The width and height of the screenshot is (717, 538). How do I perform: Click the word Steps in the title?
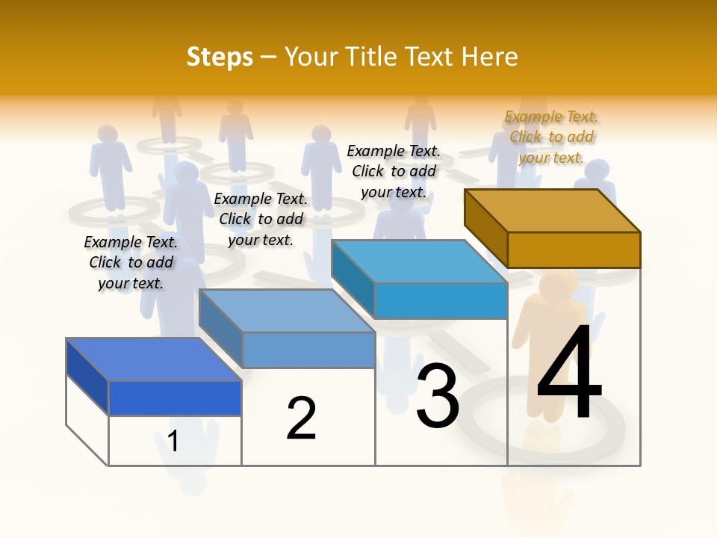point(220,57)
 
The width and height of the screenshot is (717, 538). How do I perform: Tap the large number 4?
point(569,374)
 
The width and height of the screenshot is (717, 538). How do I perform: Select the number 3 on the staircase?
point(438,396)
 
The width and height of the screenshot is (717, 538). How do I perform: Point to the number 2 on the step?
point(301,418)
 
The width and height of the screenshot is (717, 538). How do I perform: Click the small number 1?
point(173,441)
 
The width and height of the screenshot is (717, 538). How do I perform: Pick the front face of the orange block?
point(574,250)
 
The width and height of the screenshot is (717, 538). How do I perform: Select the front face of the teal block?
point(441,300)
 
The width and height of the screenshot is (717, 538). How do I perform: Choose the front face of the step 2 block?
point(308,350)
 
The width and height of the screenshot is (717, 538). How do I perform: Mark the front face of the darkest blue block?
point(175,398)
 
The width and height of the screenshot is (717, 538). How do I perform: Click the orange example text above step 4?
point(551,137)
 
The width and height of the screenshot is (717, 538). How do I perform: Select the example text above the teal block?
point(394,171)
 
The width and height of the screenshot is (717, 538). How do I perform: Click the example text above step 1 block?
point(131,262)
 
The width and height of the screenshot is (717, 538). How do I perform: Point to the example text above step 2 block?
point(261,219)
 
